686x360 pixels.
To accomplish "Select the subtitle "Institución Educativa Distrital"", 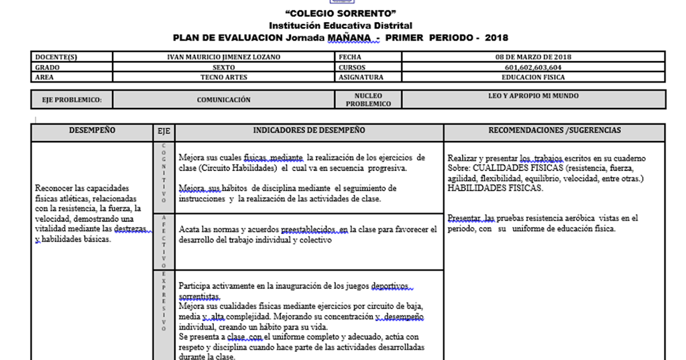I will pos(340,26).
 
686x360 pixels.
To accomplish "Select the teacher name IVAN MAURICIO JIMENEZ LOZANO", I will pos(224,57).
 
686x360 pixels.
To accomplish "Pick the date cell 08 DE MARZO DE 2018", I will pos(533,57).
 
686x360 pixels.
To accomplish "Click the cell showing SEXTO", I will pos(224,67).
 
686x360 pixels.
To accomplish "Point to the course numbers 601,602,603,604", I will pos(533,67).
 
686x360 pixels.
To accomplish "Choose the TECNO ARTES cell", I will pos(224,77).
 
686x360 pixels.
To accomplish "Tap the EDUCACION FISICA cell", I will pos(533,77).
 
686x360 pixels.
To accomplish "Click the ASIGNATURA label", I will pos(361,77).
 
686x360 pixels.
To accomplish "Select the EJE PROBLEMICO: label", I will pos(72,100).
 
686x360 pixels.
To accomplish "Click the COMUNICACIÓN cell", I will pos(224,100).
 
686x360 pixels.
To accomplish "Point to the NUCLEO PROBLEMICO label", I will pos(368,100).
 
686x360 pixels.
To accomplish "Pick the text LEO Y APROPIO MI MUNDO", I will pos(533,96).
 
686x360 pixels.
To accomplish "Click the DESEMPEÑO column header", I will pos(92,130).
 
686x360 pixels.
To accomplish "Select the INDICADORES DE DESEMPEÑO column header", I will pos(309,130).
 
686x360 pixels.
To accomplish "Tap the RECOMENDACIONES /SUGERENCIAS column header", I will pos(554,130).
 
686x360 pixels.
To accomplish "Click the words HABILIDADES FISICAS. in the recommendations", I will pos(495,188).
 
